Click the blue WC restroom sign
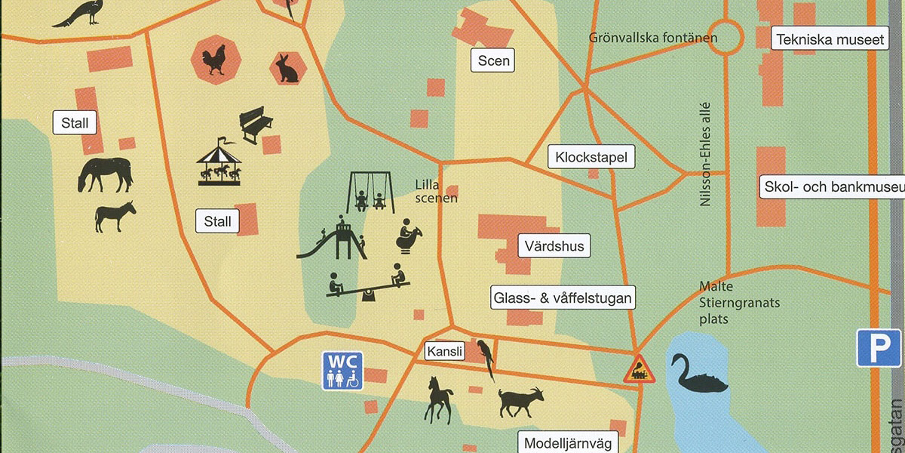[x=342, y=371]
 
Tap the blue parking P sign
[x=879, y=348]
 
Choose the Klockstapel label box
[x=591, y=158]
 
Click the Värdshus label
[x=554, y=246]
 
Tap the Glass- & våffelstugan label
[x=563, y=298]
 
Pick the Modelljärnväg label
[x=569, y=443]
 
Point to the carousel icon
[x=219, y=162]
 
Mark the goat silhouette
[x=521, y=401]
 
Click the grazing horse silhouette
[x=105, y=174]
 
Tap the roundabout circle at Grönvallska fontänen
[x=725, y=38]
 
